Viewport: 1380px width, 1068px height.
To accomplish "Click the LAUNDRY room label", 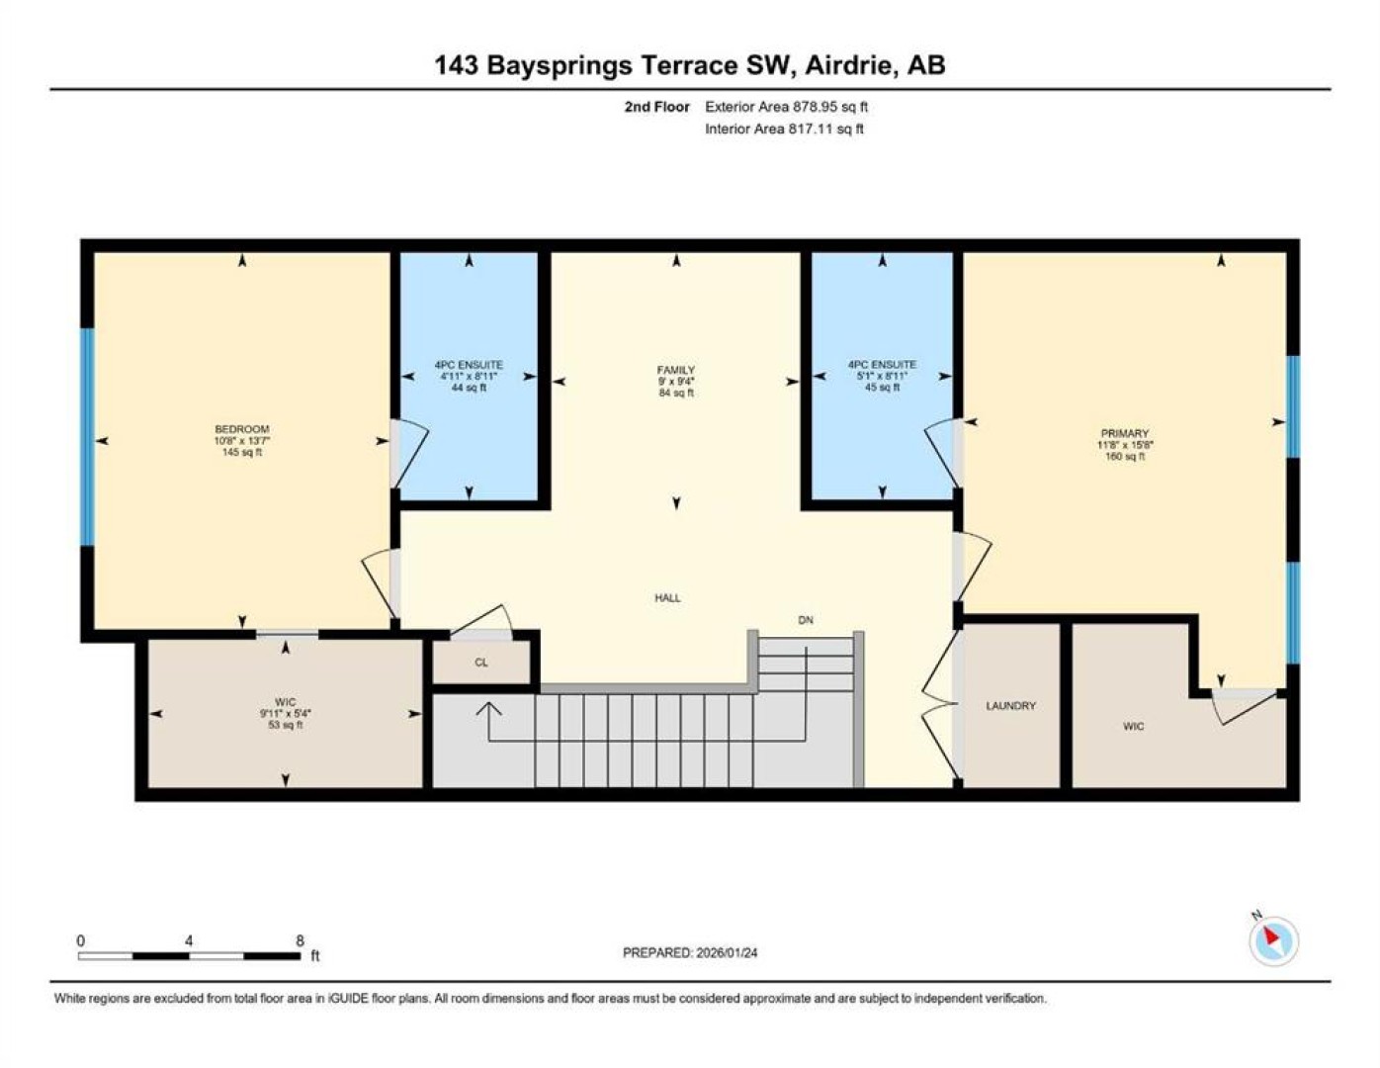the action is click(1010, 706).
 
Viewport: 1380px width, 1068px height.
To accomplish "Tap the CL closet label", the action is click(481, 663).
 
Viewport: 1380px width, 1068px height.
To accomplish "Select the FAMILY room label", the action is click(676, 370).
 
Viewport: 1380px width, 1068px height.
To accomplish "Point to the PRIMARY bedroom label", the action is click(1125, 434).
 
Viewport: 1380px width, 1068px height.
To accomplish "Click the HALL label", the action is click(667, 598).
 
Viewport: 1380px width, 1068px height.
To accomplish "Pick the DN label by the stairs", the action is click(806, 620).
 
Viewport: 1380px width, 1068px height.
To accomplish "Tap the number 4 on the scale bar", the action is click(189, 941).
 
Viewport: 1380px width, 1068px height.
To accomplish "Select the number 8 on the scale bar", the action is click(300, 941).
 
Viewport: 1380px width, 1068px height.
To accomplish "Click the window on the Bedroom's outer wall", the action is click(87, 437).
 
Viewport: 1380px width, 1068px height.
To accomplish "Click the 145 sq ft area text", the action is click(242, 452).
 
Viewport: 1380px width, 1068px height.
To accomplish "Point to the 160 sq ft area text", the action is click(1125, 456).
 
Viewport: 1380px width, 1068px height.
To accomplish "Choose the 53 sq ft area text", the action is click(285, 725).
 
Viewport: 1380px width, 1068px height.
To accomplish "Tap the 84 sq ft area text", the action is click(676, 393).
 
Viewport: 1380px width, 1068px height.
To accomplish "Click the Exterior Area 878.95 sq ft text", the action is click(786, 107).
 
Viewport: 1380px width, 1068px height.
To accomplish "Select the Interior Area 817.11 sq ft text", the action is click(784, 129).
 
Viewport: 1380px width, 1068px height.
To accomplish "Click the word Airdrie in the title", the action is click(850, 65).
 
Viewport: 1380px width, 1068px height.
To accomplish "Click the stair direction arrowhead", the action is click(489, 708).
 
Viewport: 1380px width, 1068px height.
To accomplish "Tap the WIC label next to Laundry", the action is click(1134, 726).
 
